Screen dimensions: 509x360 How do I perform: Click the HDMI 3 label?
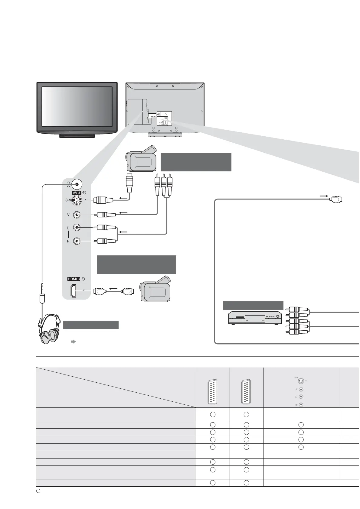[x=74, y=279]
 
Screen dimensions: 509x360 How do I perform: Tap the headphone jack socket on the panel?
[x=77, y=184]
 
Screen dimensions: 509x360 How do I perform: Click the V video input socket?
[x=77, y=215]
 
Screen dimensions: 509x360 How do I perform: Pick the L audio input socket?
[x=77, y=228]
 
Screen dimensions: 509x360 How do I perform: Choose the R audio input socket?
[x=77, y=241]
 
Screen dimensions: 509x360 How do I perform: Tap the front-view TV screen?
[x=77, y=106]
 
